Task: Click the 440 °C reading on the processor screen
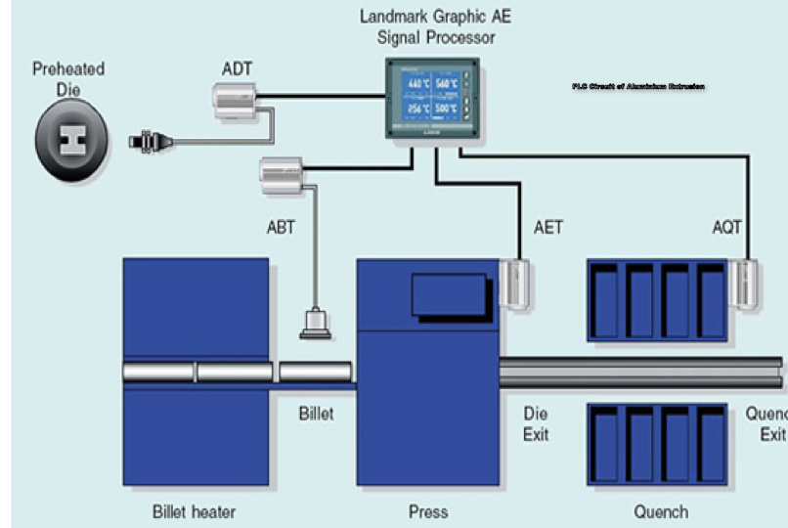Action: point(418,83)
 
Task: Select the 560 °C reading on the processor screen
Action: point(448,83)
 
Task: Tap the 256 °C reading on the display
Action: point(418,109)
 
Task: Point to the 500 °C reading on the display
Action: point(448,109)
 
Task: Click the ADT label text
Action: point(238,68)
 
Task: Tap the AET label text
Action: point(548,228)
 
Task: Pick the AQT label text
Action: point(727,228)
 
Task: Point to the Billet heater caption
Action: point(194,511)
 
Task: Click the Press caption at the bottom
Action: point(428,511)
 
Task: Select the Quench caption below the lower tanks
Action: point(661,511)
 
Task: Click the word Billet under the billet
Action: point(316,414)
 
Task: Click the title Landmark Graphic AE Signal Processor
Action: point(434,27)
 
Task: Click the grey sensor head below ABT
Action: point(316,323)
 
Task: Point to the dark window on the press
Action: point(450,293)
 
